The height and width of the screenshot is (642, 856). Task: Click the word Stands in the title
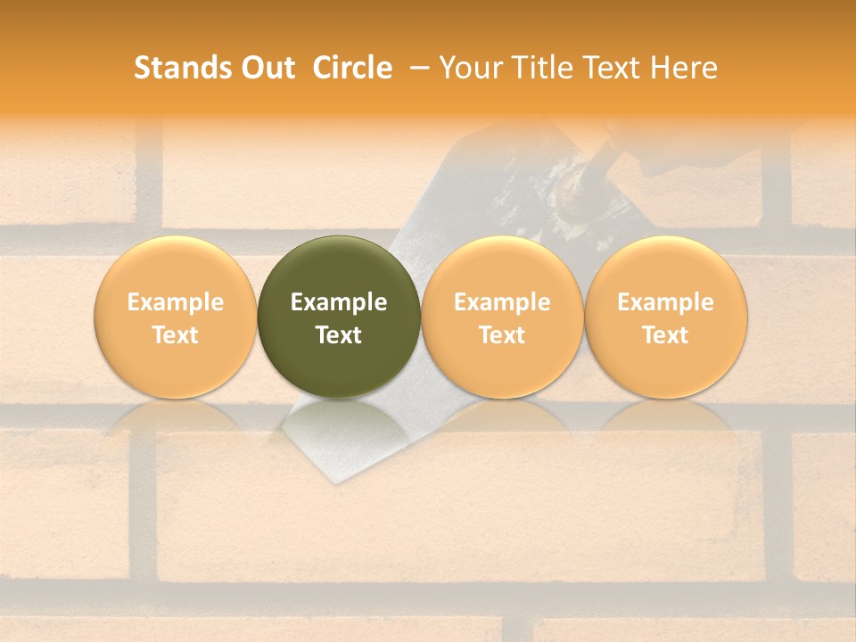pyautogui.click(x=177, y=68)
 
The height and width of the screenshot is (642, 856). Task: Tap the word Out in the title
pyautogui.click(x=265, y=68)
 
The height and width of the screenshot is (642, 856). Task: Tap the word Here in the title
pyautogui.click(x=684, y=68)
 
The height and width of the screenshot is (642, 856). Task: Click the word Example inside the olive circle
pyautogui.click(x=338, y=302)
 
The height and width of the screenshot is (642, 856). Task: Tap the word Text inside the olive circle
pyautogui.click(x=338, y=335)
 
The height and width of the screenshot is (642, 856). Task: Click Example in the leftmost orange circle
pyautogui.click(x=175, y=302)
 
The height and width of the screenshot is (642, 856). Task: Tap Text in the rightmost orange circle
pyautogui.click(x=665, y=335)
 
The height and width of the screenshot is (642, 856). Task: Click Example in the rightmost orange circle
pyautogui.click(x=665, y=302)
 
